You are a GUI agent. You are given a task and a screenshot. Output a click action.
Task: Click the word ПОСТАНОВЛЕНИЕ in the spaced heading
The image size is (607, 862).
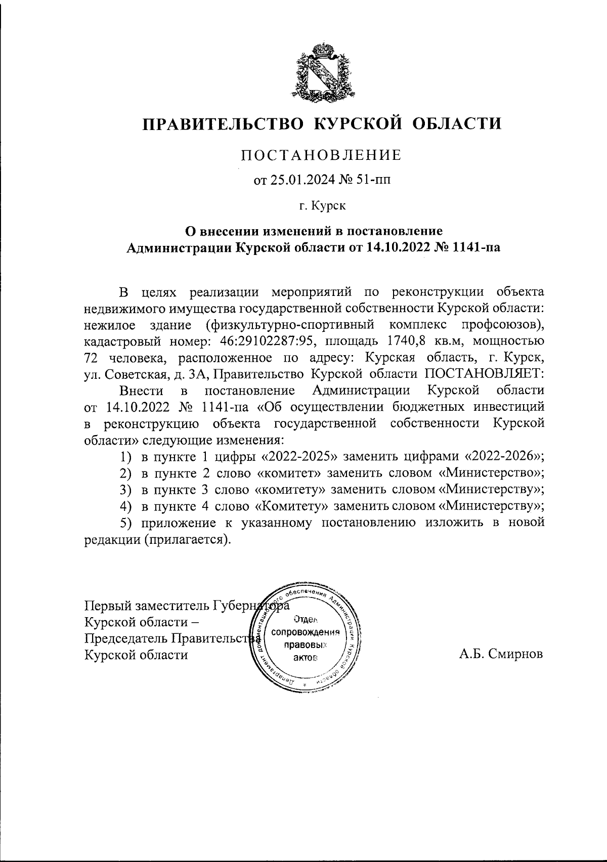point(321,155)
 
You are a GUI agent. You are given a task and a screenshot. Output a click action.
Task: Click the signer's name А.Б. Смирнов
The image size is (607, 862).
point(501,654)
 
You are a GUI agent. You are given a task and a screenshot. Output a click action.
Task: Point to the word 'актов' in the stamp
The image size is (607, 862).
point(305,658)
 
